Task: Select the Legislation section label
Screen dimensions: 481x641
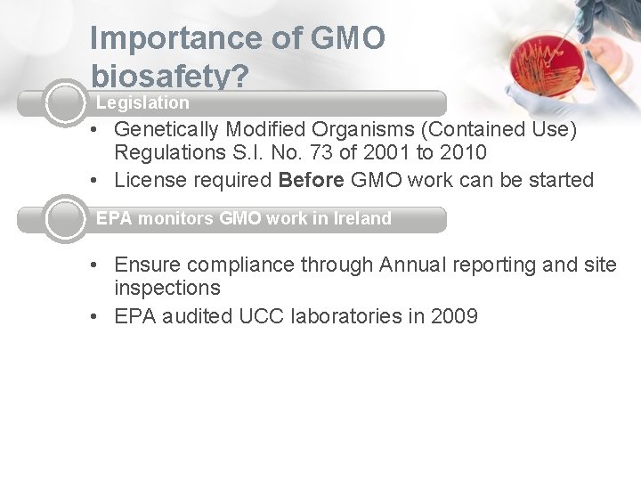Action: [142, 103]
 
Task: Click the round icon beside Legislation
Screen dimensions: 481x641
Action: [65, 103]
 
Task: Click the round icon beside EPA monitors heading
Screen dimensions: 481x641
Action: [65, 219]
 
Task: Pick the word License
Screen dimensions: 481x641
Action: [148, 180]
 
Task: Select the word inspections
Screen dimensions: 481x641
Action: [167, 289]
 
